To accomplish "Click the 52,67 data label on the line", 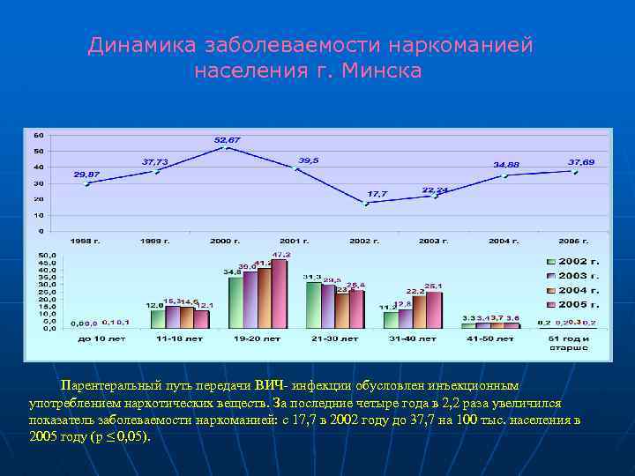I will tap(227, 140).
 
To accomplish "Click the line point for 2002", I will tap(367, 204).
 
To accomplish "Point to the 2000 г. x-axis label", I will tap(227, 241).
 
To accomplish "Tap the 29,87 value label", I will tap(86, 174).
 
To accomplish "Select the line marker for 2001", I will tap(297, 168).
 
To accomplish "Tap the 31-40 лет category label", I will tap(409, 338).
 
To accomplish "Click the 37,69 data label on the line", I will tap(581, 161).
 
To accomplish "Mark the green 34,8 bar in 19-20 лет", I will tap(235, 302).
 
